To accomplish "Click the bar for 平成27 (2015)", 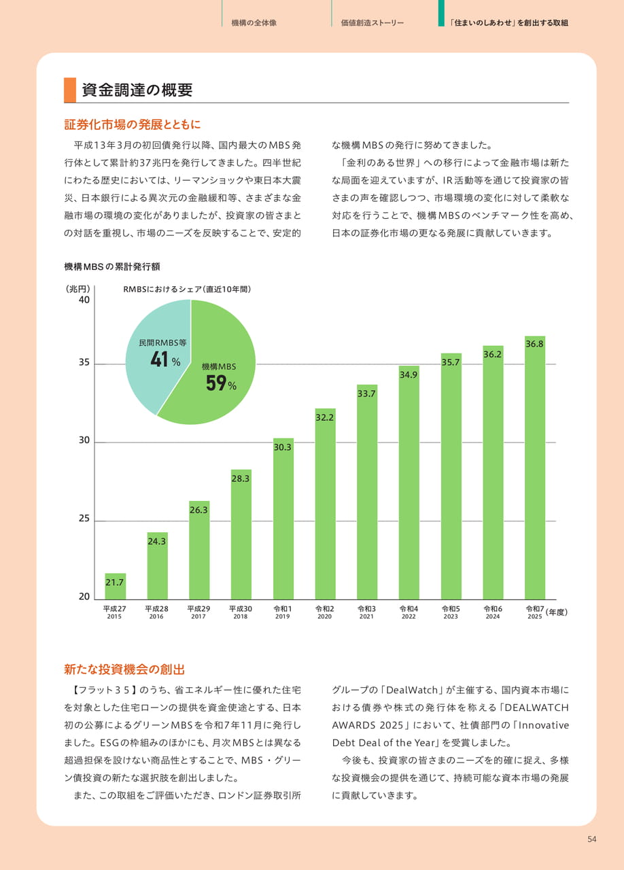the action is (x=116, y=586).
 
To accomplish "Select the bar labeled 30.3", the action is (x=283, y=519).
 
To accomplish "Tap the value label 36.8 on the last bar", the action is (x=535, y=344).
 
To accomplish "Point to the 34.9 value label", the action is (x=409, y=375).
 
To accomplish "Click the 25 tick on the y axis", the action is (x=84, y=519).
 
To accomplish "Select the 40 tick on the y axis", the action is (x=84, y=300).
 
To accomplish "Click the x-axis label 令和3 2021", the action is (x=366, y=612).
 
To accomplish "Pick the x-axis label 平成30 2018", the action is (x=241, y=612).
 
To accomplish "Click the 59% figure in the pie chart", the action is (x=221, y=383).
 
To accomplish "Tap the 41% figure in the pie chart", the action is (x=166, y=360).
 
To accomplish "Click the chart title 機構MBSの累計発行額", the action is (x=112, y=267).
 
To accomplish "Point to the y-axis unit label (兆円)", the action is (x=78, y=289).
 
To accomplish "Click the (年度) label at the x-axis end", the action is (x=557, y=612).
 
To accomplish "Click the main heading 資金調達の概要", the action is (x=137, y=90).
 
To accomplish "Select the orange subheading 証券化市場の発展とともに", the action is (x=133, y=124).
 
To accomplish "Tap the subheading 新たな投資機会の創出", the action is (x=124, y=669).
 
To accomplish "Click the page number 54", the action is (x=592, y=839).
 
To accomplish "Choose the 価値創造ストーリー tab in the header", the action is (x=372, y=23).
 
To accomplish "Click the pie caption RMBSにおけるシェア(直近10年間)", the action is (x=187, y=290).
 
